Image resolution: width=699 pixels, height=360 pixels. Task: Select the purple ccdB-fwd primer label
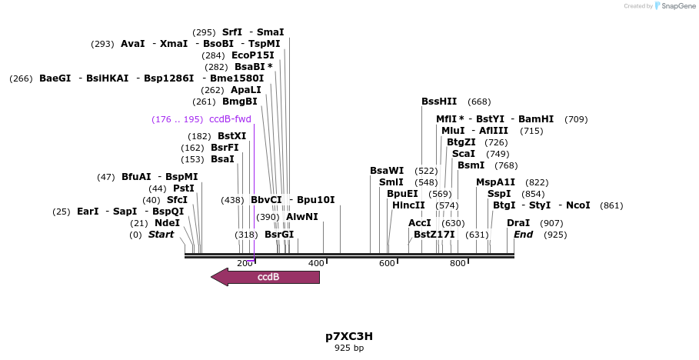[230, 119]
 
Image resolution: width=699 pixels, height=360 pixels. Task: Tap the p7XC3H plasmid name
[349, 336]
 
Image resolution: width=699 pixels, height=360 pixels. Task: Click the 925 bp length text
[349, 348]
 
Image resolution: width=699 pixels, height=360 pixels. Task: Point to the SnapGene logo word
[677, 6]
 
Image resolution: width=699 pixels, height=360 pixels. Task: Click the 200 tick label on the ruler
[245, 264]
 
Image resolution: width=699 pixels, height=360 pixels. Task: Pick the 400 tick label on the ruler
[316, 264]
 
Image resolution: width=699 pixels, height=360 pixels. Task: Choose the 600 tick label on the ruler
[387, 264]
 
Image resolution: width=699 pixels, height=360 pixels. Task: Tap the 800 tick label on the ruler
[458, 264]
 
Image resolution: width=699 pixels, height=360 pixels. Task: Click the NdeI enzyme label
[167, 223]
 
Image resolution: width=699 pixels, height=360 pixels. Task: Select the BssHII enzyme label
[439, 102]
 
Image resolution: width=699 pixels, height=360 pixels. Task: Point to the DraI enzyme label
[518, 223]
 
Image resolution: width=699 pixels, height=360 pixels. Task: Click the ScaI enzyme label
[464, 154]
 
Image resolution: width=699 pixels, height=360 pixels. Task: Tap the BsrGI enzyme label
[279, 235]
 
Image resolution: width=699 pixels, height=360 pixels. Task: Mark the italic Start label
[161, 235]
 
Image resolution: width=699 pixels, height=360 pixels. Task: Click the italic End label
[523, 235]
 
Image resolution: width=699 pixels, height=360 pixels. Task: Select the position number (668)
[479, 102]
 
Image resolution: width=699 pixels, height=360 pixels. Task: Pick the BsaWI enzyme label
[387, 171]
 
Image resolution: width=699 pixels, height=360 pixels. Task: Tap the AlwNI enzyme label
[302, 217]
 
